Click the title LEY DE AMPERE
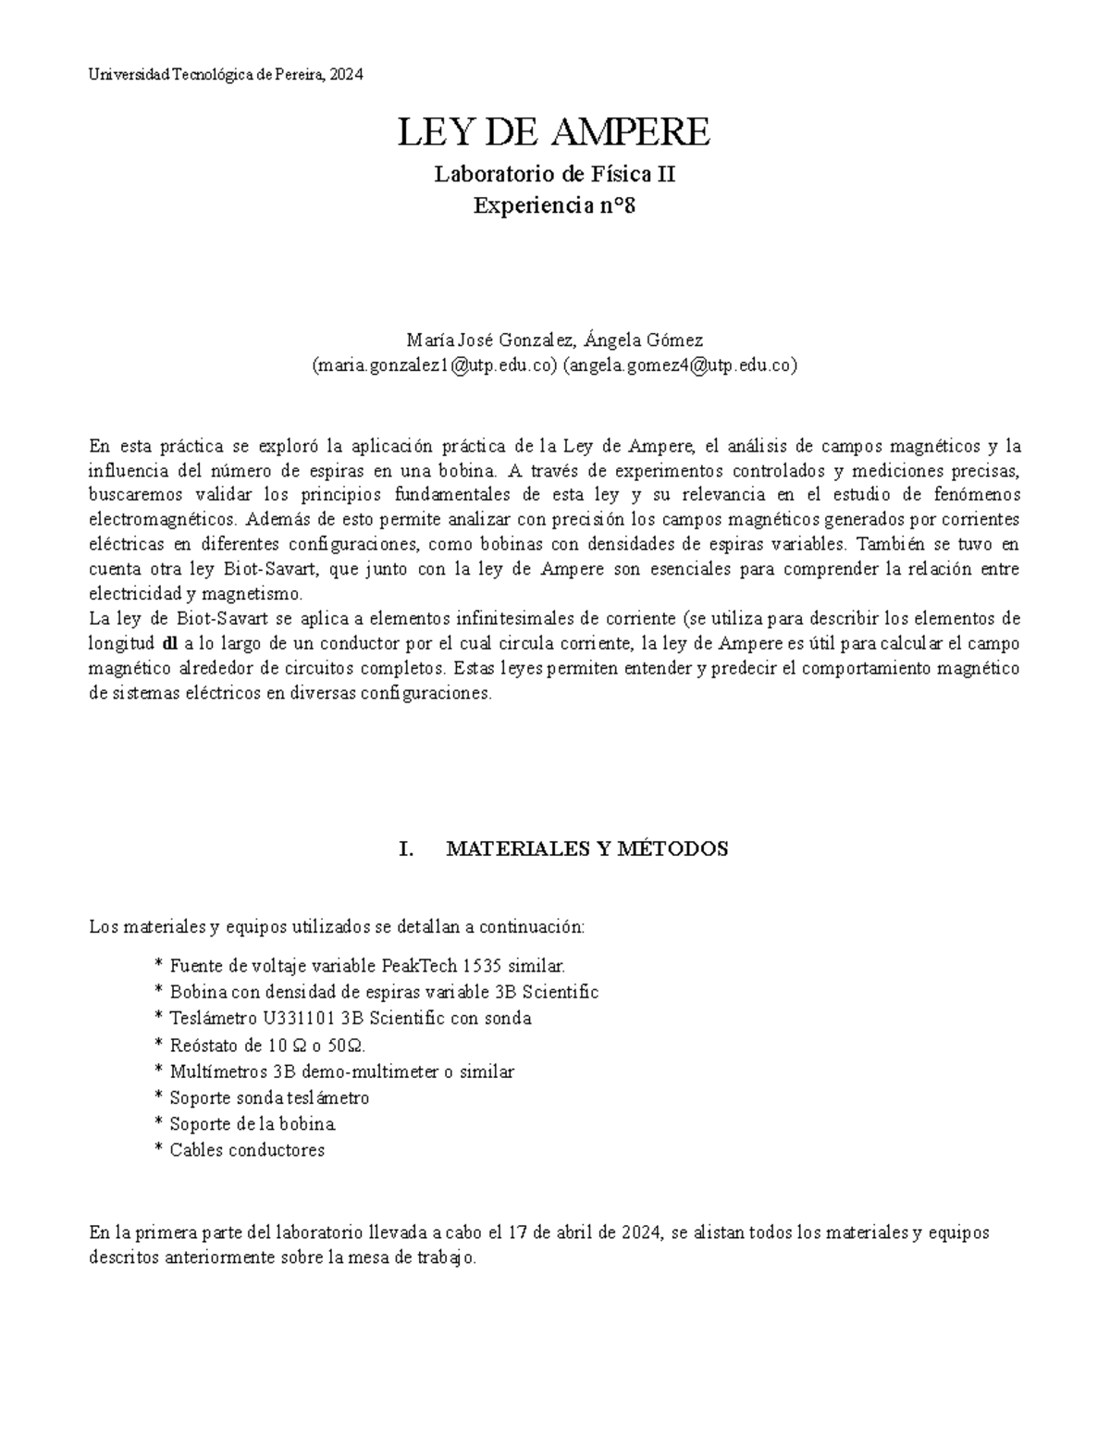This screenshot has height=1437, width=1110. coord(554,133)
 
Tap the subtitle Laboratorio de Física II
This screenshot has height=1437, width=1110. coord(555,174)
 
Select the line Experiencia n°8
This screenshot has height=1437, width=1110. coord(555,205)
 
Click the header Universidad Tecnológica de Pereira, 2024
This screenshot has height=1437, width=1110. coord(227,75)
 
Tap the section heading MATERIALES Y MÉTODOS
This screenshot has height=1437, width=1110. coord(587,849)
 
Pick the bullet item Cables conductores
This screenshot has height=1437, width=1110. coord(247,1151)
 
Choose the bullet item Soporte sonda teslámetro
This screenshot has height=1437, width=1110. coord(269,1098)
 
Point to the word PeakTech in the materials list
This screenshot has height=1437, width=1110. coord(415,966)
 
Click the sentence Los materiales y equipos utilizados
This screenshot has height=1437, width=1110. coord(337,926)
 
